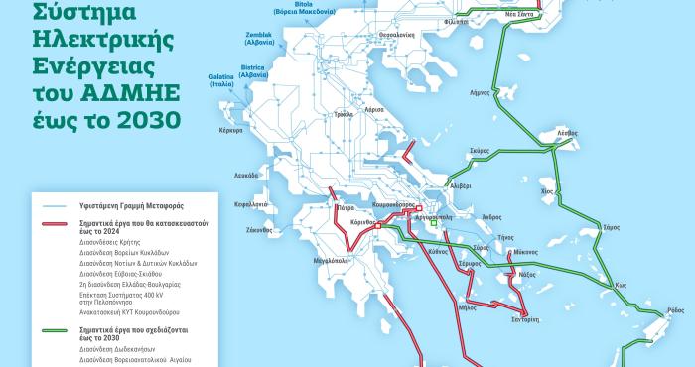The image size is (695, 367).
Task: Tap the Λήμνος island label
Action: [x=479, y=92]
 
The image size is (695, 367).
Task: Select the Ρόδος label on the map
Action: [x=676, y=310]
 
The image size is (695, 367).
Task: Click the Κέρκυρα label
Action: [x=230, y=131]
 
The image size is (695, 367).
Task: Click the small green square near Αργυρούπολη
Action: [x=433, y=224]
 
